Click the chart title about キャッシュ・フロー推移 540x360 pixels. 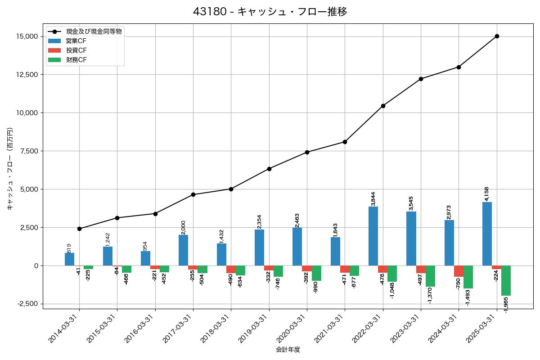click(270, 12)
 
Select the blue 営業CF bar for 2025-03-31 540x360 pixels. click(487, 234)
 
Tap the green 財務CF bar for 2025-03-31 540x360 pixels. click(506, 280)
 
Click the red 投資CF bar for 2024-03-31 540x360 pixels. click(459, 271)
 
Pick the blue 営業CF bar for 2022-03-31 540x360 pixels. click(373, 236)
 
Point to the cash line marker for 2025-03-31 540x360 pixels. click(497, 36)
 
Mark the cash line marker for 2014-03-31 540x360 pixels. click(79, 229)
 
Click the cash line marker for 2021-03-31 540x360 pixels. click(345, 142)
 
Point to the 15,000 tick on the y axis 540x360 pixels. click(26, 36)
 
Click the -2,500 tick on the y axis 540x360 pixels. click(27, 304)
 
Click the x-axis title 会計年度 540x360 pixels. click(288, 350)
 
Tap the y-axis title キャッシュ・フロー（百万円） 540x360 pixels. click(10, 169)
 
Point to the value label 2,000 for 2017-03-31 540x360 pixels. click(183, 227)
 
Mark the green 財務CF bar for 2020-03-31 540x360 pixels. click(316, 273)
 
